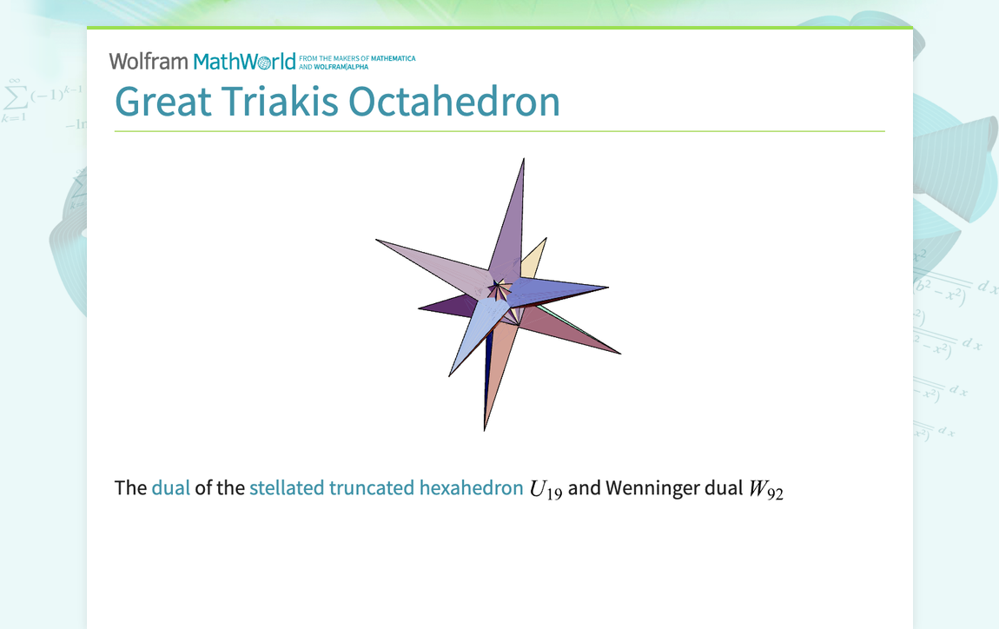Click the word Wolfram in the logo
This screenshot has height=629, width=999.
pyautogui.click(x=148, y=61)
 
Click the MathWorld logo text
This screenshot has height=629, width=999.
pyautogui.click(x=244, y=62)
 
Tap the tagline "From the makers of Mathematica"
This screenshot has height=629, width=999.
pyautogui.click(x=356, y=58)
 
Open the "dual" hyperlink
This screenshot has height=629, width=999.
pyautogui.click(x=170, y=487)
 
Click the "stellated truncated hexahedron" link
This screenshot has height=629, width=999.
pyautogui.click(x=386, y=487)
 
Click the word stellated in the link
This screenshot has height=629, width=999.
pyautogui.click(x=286, y=487)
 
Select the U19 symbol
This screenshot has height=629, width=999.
pyautogui.click(x=546, y=489)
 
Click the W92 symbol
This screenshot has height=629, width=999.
pyautogui.click(x=766, y=489)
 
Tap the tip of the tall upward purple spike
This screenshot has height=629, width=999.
pyautogui.click(x=524, y=160)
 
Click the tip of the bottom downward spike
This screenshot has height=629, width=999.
pyautogui.click(x=485, y=428)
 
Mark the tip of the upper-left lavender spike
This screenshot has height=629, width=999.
pyautogui.click(x=378, y=241)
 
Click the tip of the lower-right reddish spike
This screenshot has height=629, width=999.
pyautogui.click(x=619, y=353)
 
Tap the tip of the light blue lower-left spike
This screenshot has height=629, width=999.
pyautogui.click(x=450, y=374)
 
